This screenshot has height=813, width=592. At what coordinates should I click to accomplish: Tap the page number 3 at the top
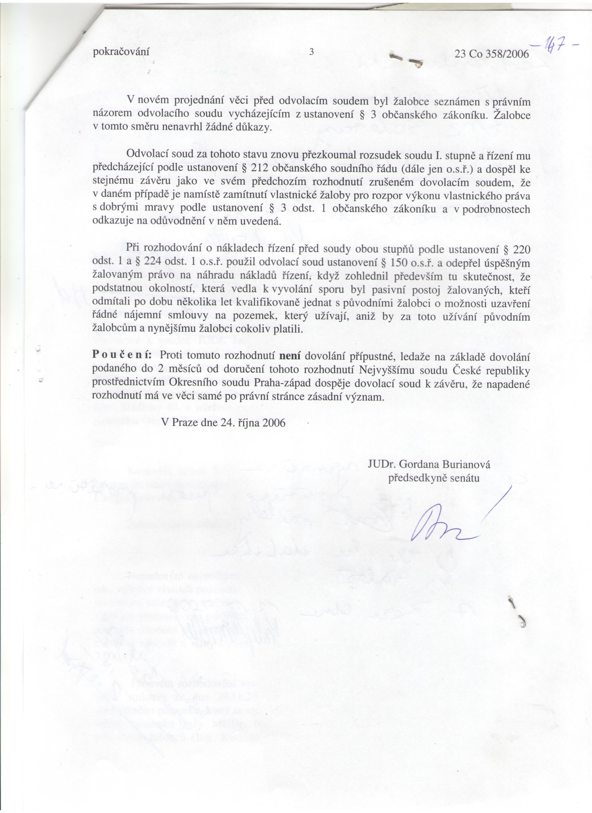[x=311, y=52]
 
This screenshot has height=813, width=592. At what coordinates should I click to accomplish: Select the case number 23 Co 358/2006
[x=492, y=54]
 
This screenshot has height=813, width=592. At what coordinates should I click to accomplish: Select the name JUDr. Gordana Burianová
[x=429, y=465]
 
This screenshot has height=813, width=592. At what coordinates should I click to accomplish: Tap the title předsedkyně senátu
[x=434, y=478]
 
